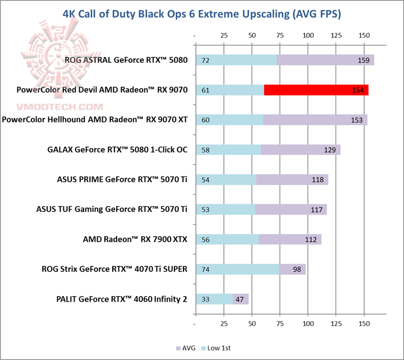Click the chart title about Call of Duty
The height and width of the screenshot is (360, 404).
pos(202,12)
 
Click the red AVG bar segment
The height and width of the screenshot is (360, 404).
pos(316,90)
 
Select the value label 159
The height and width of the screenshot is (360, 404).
pos(363,60)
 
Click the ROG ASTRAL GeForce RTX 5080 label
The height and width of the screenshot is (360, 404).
pos(126,60)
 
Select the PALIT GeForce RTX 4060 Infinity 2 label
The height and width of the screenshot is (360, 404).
pos(122,299)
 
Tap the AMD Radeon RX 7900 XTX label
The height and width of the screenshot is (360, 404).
pos(135,239)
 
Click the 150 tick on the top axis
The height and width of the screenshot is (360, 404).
pos(364,36)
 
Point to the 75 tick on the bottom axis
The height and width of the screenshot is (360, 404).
pos(279,325)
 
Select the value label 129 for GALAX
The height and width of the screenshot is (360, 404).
pos(329,150)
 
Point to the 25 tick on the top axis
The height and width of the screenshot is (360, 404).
pos(224,36)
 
